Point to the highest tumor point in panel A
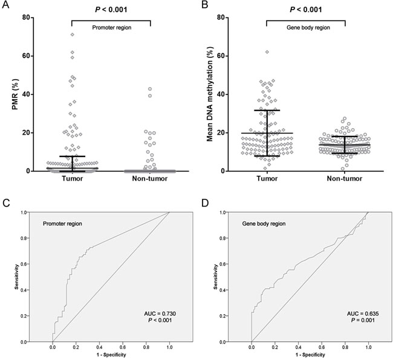coord(72,34)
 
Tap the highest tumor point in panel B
coord(267,52)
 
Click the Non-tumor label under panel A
coord(149,179)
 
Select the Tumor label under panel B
coord(267,179)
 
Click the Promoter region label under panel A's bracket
coord(111,27)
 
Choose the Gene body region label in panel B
coord(305,27)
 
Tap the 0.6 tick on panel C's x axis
coord(123,347)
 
